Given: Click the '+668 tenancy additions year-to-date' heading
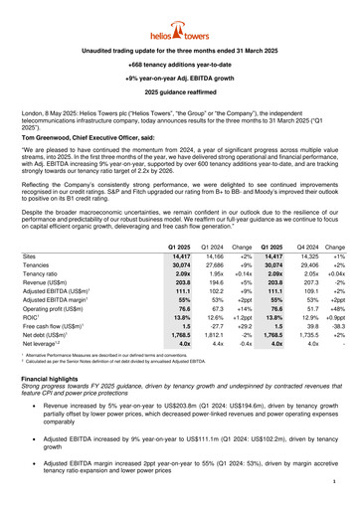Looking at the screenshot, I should pyautogui.click(x=180, y=62).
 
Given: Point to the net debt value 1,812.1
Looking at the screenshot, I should pyautogui.click(x=211, y=364).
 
